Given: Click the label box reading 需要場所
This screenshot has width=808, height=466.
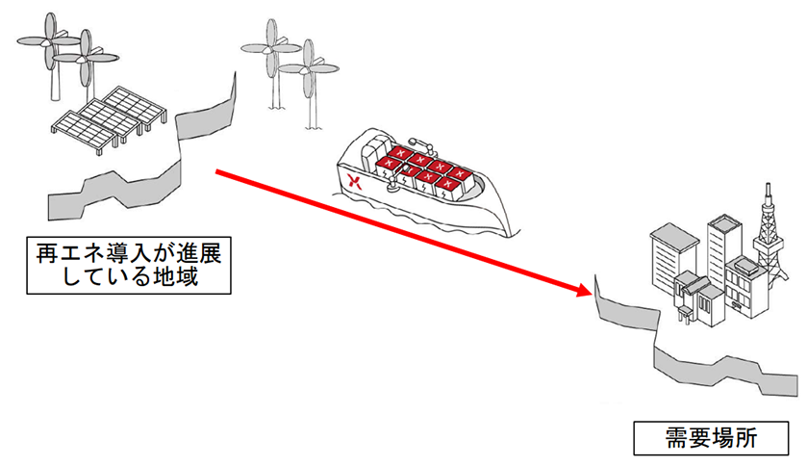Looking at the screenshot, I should [711, 440].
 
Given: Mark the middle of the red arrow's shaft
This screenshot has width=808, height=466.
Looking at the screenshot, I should [399, 230].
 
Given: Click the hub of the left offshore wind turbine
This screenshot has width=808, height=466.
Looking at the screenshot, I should [270, 48].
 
